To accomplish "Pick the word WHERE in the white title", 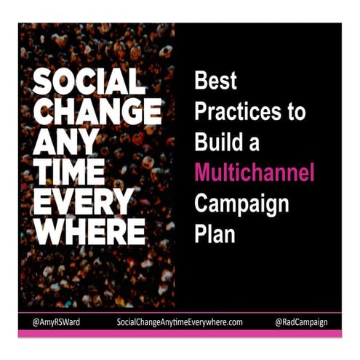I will [x=89, y=231].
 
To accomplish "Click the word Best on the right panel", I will [x=215, y=81].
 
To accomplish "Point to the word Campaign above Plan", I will [x=242, y=204].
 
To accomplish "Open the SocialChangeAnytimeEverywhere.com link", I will [x=179, y=321].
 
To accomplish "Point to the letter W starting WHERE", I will [x=50, y=231].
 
